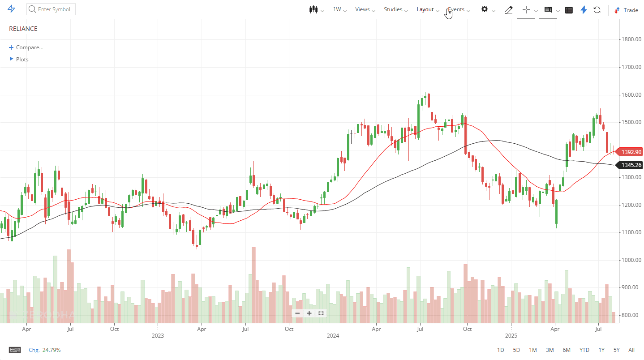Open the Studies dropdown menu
(x=394, y=9)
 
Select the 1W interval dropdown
(x=338, y=9)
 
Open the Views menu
(x=363, y=9)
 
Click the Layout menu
(x=425, y=9)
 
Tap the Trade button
(x=626, y=10)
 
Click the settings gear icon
(x=485, y=9)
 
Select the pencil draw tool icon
(x=508, y=10)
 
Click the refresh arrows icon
(x=597, y=10)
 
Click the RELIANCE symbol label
(x=23, y=29)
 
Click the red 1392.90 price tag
(x=631, y=152)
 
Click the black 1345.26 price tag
(x=631, y=165)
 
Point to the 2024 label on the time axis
(x=333, y=335)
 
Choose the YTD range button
(x=584, y=350)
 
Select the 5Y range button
(x=617, y=350)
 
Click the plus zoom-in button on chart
(x=309, y=313)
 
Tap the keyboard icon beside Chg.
(x=15, y=350)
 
